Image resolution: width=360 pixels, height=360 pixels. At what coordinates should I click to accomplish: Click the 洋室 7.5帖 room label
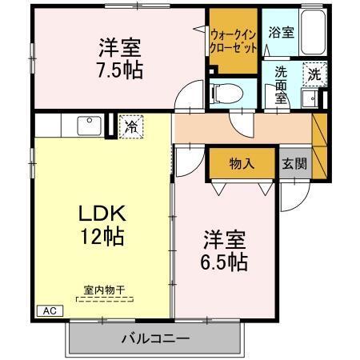pyautogui.click(x=121, y=57)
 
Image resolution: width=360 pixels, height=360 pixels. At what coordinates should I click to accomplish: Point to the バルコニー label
pyautogui.click(x=155, y=337)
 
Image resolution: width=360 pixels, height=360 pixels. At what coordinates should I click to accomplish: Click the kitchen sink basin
pyautogui.click(x=87, y=126)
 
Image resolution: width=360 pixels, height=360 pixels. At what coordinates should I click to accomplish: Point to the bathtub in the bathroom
pyautogui.click(x=311, y=34)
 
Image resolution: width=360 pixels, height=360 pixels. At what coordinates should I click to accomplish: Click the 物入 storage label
pyautogui.click(x=241, y=163)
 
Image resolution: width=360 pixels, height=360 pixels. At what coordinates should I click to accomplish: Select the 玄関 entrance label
pyautogui.click(x=293, y=163)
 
